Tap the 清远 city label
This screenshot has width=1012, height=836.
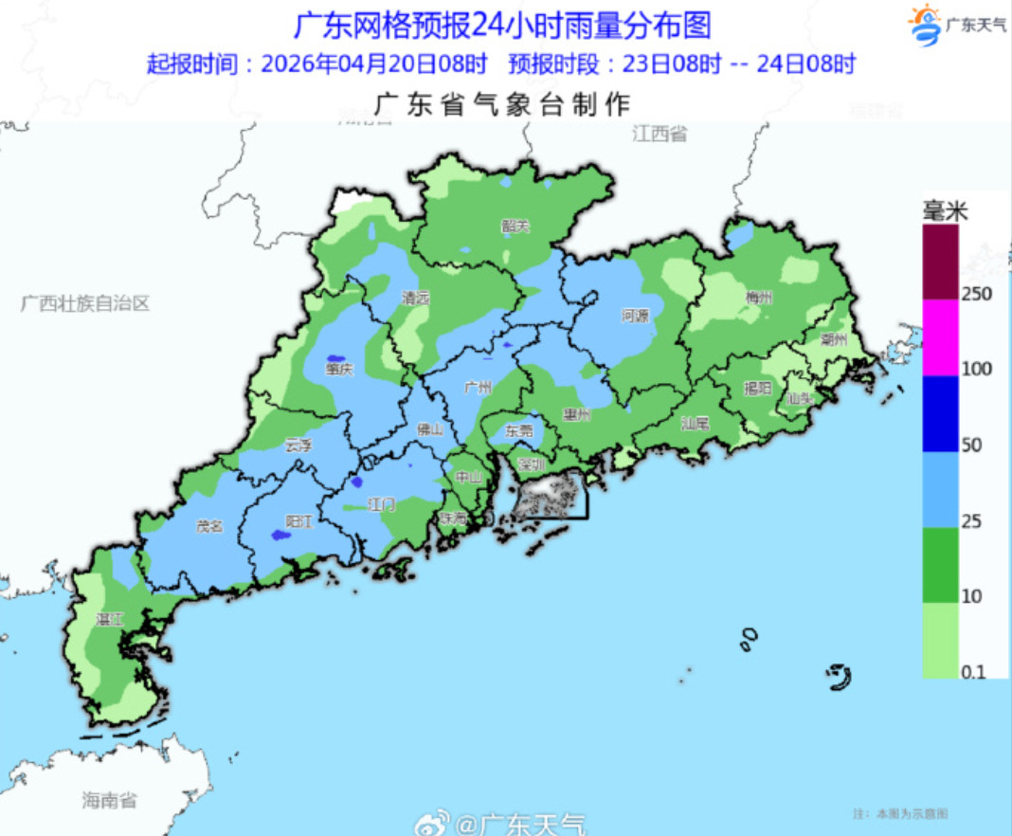click(x=415, y=298)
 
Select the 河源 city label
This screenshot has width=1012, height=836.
click(x=635, y=315)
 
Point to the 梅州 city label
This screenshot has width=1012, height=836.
click(x=759, y=297)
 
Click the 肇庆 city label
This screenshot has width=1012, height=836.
click(x=337, y=369)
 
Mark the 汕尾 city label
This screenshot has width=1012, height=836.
click(x=695, y=424)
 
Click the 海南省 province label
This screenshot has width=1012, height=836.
click(x=109, y=801)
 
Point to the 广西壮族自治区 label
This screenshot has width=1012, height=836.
click(x=86, y=303)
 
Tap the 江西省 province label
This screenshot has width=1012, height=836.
click(x=660, y=134)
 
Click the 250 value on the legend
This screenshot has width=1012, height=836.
click(x=977, y=294)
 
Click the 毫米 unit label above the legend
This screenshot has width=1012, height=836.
click(x=945, y=212)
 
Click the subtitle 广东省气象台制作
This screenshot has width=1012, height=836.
click(x=503, y=103)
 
